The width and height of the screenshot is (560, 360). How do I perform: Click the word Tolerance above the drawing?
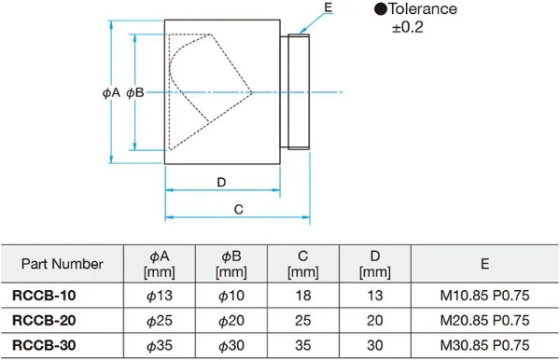click(423, 9)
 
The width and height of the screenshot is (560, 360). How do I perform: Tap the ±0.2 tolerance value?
click(408, 27)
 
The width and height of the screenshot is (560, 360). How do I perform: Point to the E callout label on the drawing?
click(329, 7)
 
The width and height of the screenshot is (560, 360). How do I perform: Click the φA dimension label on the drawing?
click(111, 92)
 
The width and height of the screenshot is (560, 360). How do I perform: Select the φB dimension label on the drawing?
click(135, 92)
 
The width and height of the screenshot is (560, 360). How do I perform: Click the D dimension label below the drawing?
click(221, 182)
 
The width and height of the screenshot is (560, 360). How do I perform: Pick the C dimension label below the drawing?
click(239, 210)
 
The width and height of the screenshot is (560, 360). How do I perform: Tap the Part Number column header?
click(63, 264)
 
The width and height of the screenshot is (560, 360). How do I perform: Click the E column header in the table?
click(484, 264)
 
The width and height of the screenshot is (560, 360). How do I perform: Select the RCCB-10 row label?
click(44, 296)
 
